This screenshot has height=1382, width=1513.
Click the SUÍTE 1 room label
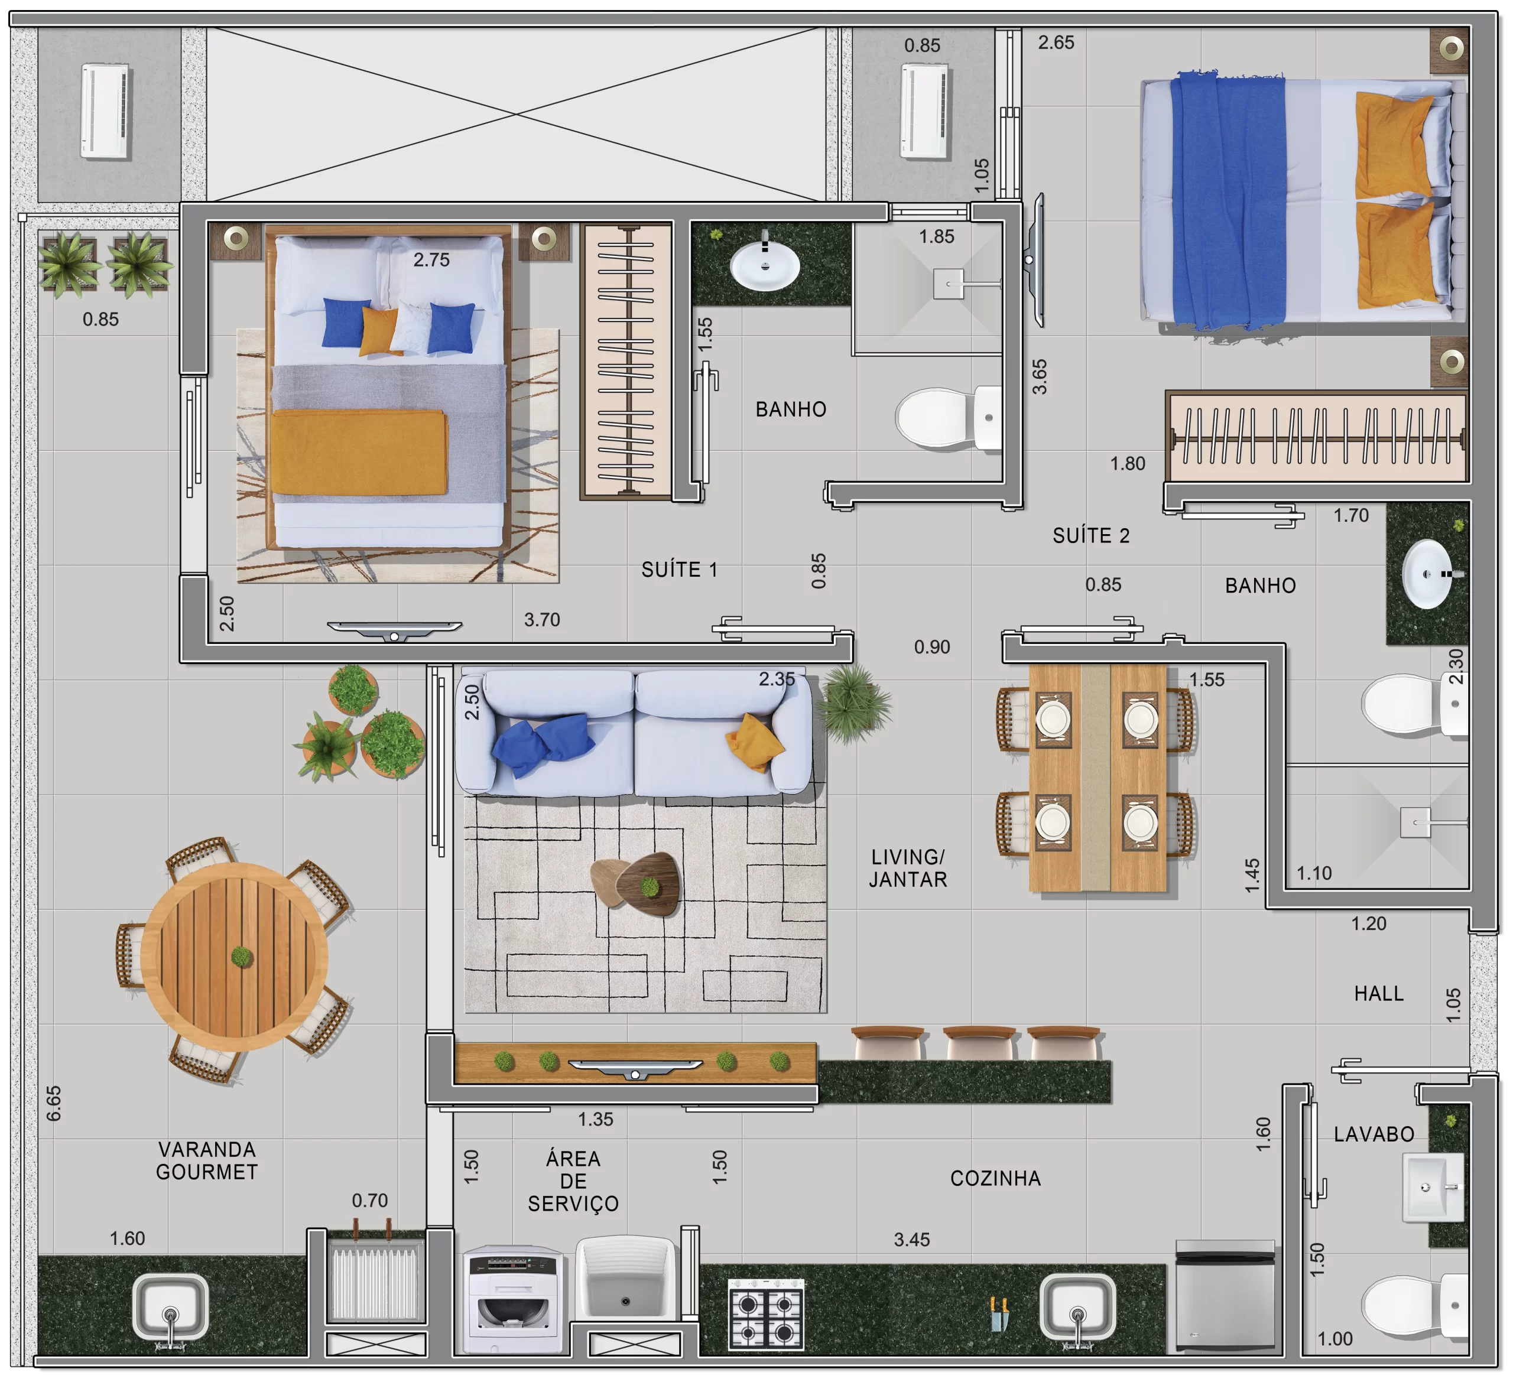[679, 570]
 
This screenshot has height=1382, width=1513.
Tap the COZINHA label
[995, 1179]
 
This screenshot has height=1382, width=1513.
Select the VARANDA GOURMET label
[207, 1160]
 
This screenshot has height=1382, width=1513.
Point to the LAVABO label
[1374, 1134]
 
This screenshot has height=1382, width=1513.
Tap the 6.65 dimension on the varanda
[53, 1103]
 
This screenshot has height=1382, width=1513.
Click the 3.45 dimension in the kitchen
[912, 1240]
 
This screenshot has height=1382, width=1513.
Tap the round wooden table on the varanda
[234, 957]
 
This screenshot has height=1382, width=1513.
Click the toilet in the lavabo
[1415, 1305]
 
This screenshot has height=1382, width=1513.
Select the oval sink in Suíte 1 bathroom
[765, 266]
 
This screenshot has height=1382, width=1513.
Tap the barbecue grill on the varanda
[375, 1279]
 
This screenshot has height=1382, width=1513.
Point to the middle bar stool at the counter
[979, 1043]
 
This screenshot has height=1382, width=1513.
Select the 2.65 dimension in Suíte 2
[1056, 43]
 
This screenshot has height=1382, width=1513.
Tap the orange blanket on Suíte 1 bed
[359, 453]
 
